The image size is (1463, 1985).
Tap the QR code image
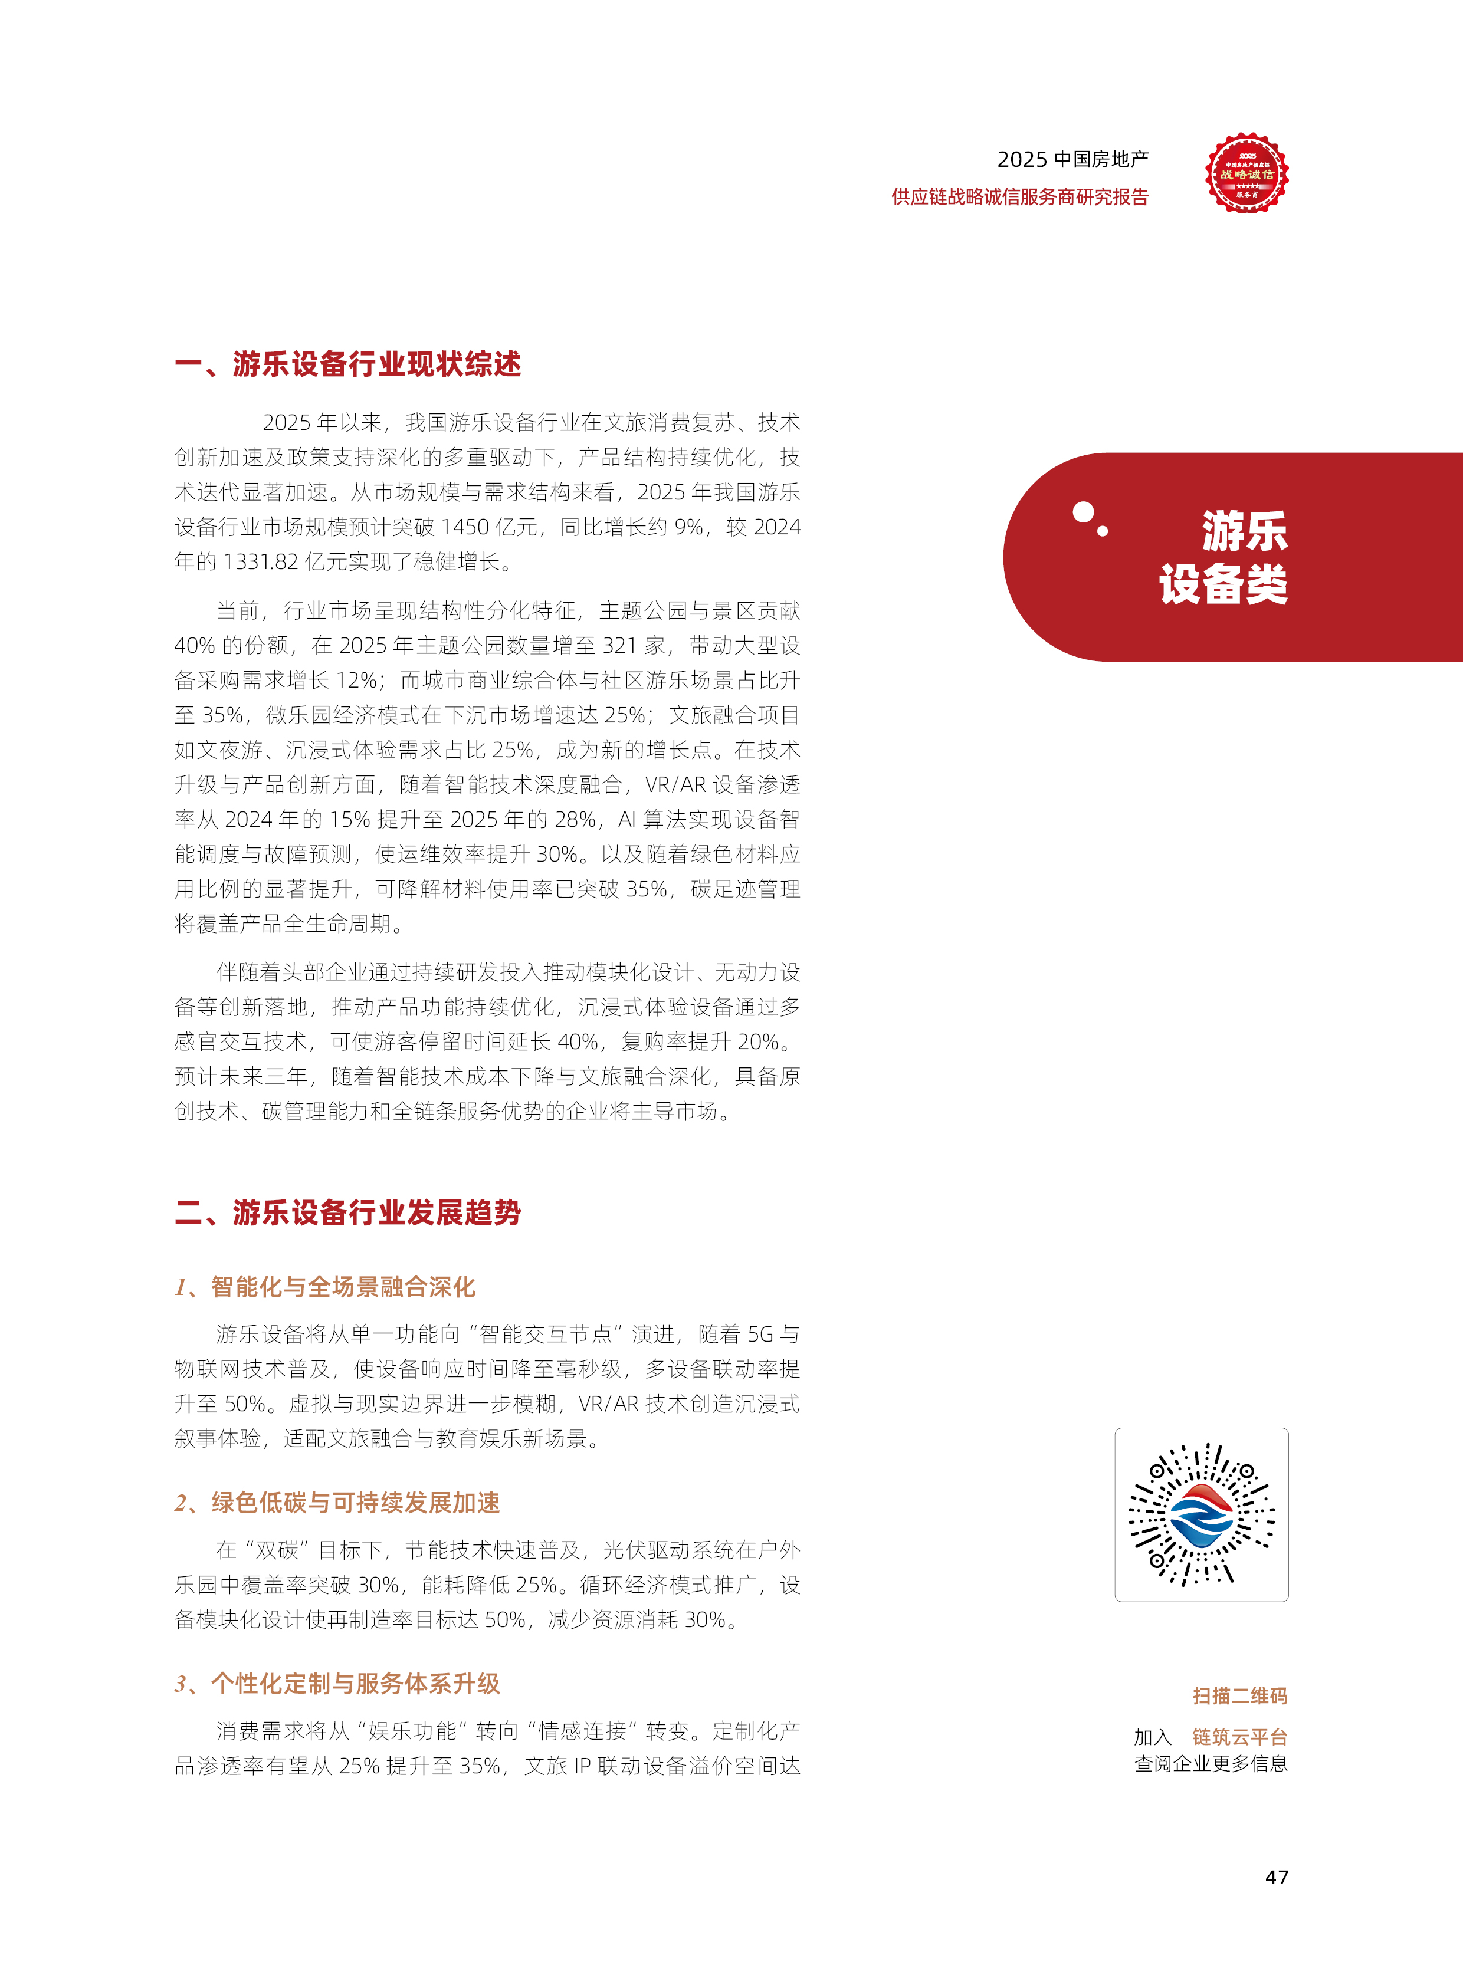1201,1514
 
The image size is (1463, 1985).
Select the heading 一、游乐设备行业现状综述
348,364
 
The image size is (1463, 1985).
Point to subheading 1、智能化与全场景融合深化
325,1286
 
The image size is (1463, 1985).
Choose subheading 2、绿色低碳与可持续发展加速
337,1503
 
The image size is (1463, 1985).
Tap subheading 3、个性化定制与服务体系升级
337,1683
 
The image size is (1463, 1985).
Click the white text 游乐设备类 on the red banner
1224,558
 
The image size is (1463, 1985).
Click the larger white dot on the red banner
1082,512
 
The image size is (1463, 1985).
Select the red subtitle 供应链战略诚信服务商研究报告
1019,196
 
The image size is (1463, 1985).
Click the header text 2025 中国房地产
1072,159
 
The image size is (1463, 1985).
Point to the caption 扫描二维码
1240,1695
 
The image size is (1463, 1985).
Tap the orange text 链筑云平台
1240,1737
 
